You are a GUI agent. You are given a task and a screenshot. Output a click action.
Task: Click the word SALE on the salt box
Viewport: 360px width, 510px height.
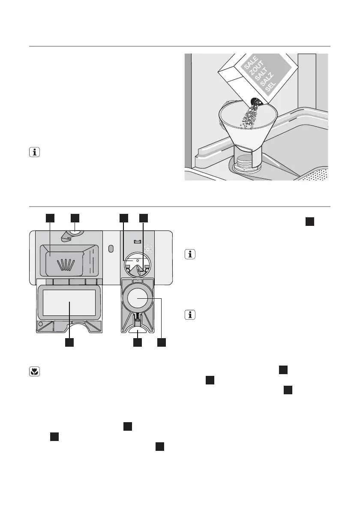click(250, 64)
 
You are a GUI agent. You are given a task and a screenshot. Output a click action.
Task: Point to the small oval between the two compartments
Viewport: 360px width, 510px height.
click(111, 249)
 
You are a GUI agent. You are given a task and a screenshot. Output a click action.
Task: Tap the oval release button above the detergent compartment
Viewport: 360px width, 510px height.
click(75, 233)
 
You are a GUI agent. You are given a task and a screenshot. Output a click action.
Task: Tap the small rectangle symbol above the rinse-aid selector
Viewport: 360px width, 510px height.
click(137, 241)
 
